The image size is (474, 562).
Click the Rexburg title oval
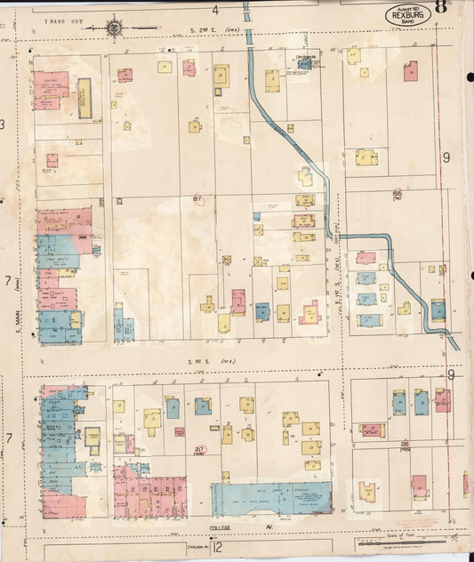(408, 15)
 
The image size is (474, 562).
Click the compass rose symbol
(115, 28)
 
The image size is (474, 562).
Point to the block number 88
(397, 193)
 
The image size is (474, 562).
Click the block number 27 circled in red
(200, 450)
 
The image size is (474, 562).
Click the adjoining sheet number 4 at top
(214, 10)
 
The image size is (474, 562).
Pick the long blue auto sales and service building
(271, 498)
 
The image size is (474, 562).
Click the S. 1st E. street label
(203, 361)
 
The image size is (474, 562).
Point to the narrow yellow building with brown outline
(84, 98)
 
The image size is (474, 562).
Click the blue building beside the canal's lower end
(438, 309)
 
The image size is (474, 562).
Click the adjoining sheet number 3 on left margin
(4, 124)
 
